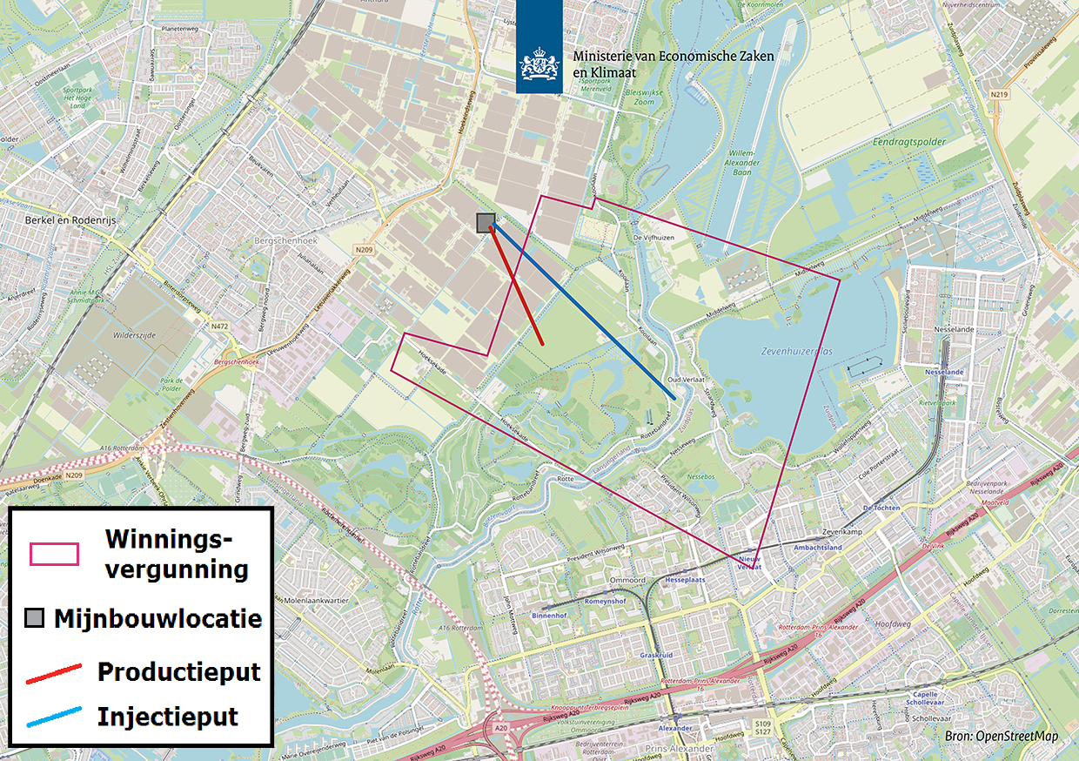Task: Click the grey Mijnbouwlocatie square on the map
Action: point(486,223)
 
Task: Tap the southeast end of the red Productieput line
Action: point(543,345)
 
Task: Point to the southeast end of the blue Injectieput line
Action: point(674,399)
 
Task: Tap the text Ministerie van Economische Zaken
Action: point(673,56)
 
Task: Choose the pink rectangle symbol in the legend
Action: point(54,554)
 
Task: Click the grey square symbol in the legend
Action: point(35,619)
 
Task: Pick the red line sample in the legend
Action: point(54,673)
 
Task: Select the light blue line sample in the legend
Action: point(54,717)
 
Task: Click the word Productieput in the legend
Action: point(178,672)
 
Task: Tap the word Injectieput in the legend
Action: point(168,717)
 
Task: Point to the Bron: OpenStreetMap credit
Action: point(1001,737)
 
